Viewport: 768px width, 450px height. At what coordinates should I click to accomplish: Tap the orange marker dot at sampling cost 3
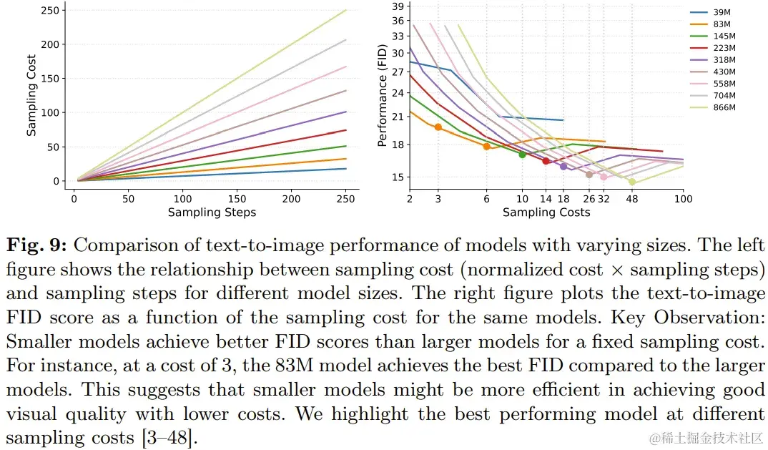coord(438,127)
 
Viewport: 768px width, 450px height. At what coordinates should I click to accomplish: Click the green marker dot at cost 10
coord(522,154)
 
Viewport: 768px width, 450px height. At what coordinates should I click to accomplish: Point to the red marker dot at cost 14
coord(546,161)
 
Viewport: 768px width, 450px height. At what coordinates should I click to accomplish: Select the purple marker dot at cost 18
coord(563,166)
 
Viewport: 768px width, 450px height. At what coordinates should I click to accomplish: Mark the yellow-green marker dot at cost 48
coord(632,182)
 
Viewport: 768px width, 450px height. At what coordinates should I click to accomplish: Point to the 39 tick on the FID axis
coord(398,6)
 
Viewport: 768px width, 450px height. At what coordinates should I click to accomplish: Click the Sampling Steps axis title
coord(212,212)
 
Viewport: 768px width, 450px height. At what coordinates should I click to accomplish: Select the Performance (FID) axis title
coord(383,94)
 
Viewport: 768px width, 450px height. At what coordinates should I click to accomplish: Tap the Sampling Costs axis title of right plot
coord(546,212)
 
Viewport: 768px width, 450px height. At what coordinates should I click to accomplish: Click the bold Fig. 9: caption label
coord(36,246)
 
